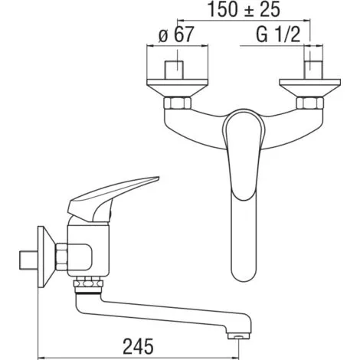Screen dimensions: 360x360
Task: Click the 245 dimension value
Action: (138, 346)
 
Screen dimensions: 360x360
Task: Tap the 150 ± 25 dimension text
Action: (244, 9)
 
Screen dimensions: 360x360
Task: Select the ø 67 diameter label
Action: (176, 34)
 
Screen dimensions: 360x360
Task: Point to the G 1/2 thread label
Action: (278, 34)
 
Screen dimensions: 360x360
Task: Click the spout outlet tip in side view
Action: (239, 335)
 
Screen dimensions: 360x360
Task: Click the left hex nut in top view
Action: (177, 103)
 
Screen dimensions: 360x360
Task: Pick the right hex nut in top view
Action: (310, 103)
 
